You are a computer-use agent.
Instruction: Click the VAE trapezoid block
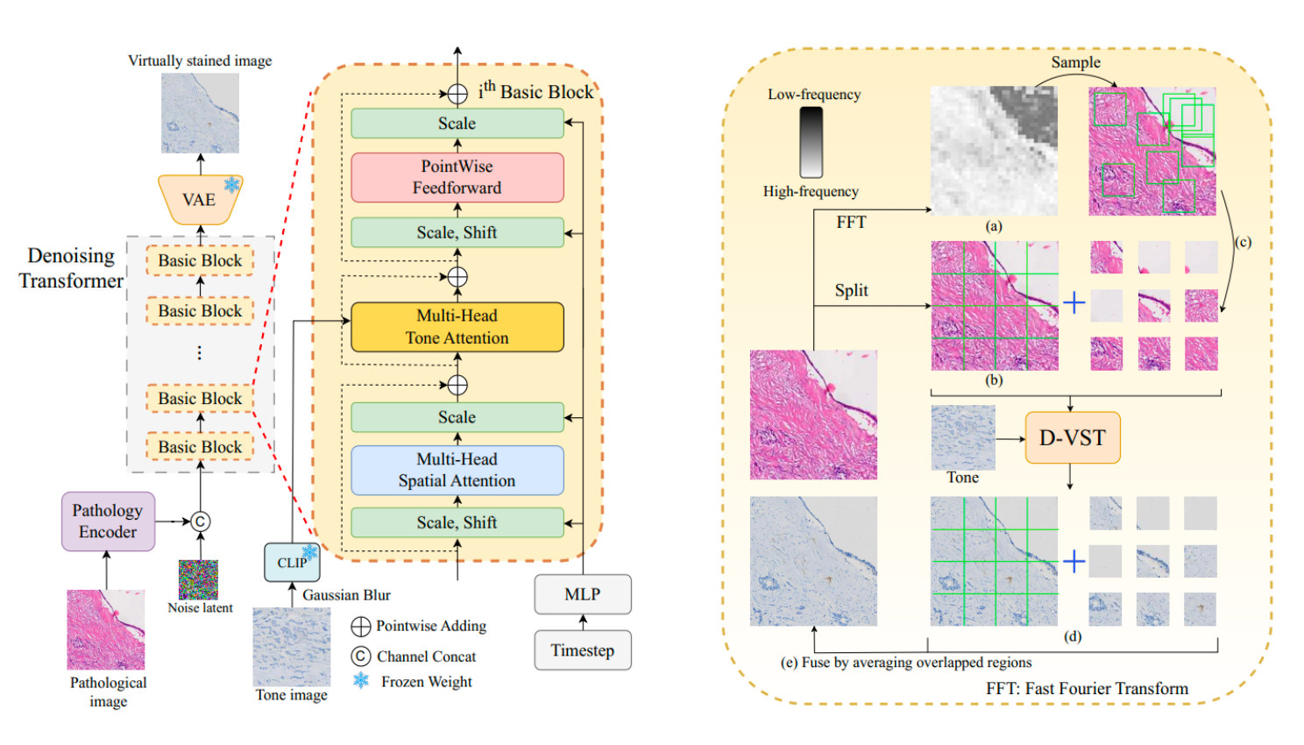[x=200, y=200]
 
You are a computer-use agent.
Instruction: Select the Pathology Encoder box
[x=108, y=521]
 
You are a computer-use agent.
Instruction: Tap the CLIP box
[x=292, y=563]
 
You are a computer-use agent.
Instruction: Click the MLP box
[x=583, y=594]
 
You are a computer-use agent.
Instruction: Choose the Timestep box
[x=583, y=650]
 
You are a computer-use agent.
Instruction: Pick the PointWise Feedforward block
[x=457, y=177]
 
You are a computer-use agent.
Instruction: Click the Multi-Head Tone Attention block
[x=457, y=327]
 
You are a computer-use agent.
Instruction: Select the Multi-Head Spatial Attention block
[x=457, y=470]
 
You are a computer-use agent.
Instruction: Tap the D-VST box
[x=1073, y=437]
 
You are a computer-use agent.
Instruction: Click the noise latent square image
[x=199, y=579]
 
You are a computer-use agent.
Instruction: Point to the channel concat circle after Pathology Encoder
[x=200, y=521]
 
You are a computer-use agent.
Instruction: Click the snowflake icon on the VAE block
[x=232, y=184]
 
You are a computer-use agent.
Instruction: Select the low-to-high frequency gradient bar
[x=811, y=142]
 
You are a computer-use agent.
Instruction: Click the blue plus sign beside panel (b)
[x=1074, y=303]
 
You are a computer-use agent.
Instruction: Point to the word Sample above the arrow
[x=1075, y=62]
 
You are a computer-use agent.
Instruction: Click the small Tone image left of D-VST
[x=963, y=437]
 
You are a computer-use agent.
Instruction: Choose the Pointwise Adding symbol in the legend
[x=360, y=627]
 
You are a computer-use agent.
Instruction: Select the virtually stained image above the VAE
[x=200, y=113]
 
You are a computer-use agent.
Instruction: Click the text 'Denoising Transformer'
[x=71, y=268]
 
